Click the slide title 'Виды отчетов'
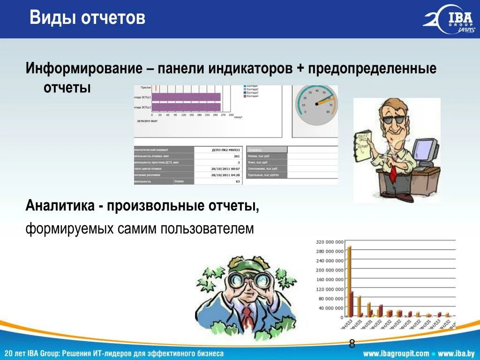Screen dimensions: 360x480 (87, 19)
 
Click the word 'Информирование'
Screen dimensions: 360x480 (84, 69)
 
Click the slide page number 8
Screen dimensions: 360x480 (352, 345)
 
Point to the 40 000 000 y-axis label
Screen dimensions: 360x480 (330, 308)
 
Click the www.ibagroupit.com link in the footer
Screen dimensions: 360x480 (396, 353)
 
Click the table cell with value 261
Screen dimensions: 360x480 (236, 156)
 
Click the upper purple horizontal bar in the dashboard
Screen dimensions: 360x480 (187, 97)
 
